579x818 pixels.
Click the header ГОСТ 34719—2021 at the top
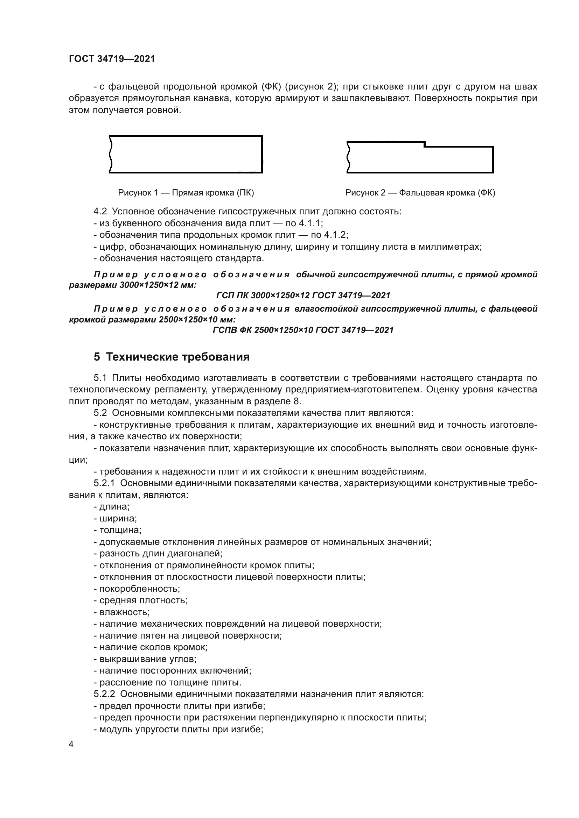tap(112, 59)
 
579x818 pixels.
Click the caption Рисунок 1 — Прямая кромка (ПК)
tap(186, 193)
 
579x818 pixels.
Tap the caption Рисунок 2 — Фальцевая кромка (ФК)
tap(420, 193)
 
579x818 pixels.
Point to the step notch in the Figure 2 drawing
tap(424, 144)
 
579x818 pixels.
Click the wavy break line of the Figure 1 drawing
tap(111, 154)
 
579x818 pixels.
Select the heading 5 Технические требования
tap(172, 357)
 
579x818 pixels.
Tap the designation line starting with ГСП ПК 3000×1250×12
tap(303, 296)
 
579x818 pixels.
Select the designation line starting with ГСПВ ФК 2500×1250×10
tap(303, 330)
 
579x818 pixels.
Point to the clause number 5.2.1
tap(104, 483)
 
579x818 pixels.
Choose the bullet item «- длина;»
tap(112, 507)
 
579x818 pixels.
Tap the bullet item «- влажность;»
tap(121, 612)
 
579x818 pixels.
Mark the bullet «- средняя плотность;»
tap(140, 600)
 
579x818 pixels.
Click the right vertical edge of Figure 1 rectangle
tap(263, 154)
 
